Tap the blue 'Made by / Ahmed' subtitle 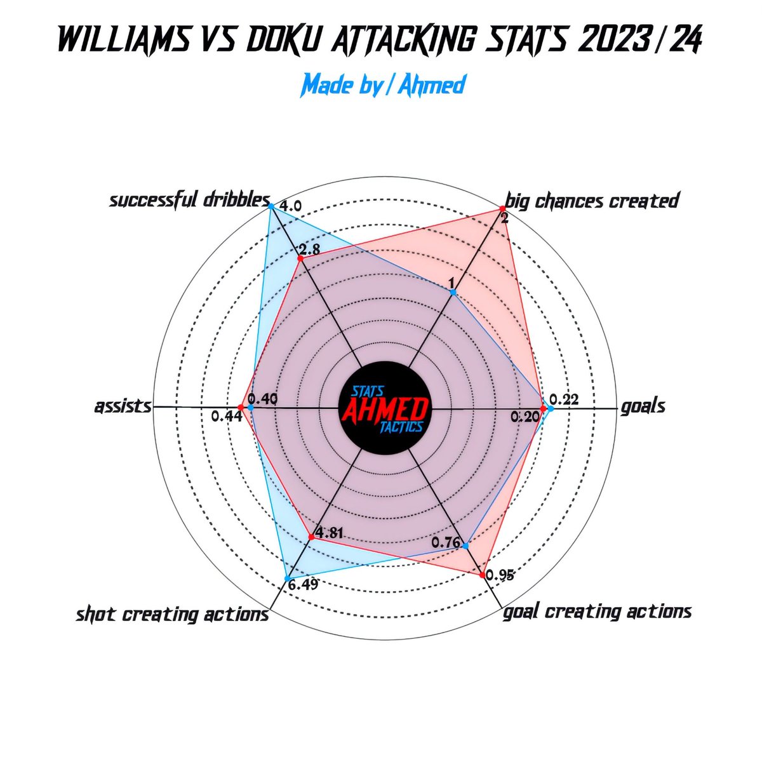[384, 84]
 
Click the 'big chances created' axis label [592, 201]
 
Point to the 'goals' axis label [643, 406]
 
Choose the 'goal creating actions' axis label [596, 612]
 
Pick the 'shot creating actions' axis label [172, 615]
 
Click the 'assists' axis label [123, 406]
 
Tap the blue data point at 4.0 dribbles [271, 206]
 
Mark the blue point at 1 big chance [453, 292]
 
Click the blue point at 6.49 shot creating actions [288, 577]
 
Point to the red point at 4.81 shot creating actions [311, 537]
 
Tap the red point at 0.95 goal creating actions [483, 575]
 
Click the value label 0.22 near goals [565, 399]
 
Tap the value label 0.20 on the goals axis [525, 417]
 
